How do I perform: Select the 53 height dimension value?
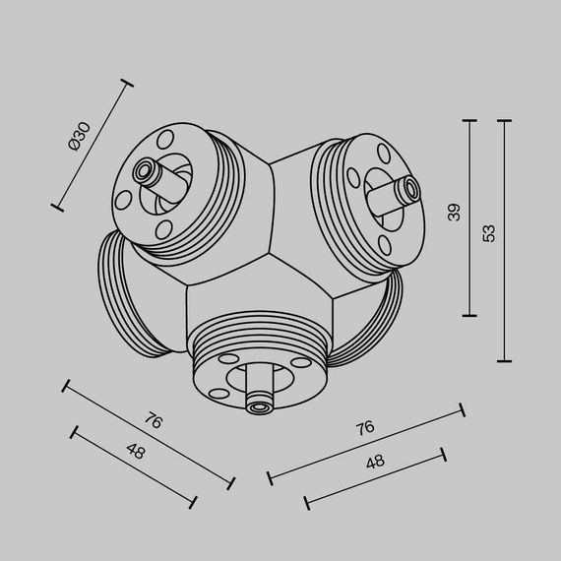click(x=489, y=232)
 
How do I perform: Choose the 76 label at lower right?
click(x=364, y=428)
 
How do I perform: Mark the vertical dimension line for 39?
click(x=469, y=218)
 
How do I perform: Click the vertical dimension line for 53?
click(x=505, y=241)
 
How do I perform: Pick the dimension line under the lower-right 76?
click(x=365, y=445)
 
